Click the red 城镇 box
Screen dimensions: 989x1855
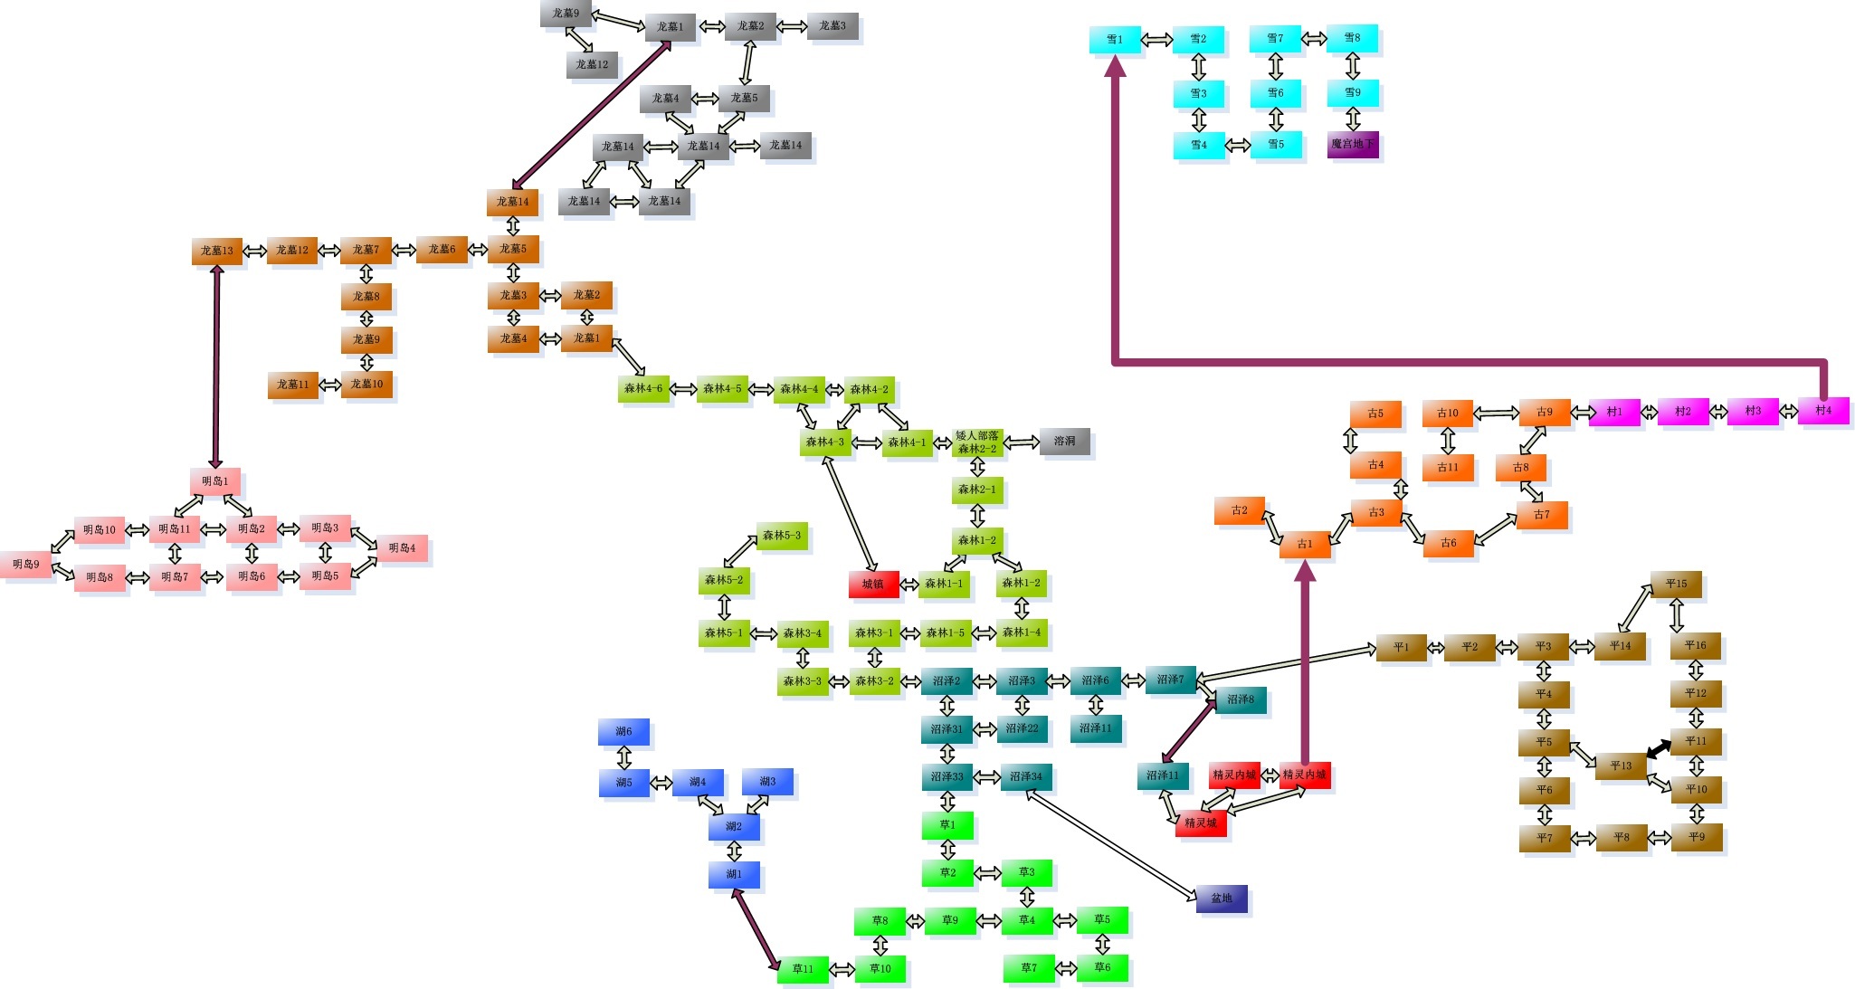click(x=873, y=585)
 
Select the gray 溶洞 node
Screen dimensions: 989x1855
click(x=1065, y=442)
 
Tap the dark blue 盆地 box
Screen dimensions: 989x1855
click(x=1222, y=899)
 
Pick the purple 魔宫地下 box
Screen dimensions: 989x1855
click(x=1353, y=144)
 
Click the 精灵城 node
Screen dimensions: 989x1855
click(x=1201, y=823)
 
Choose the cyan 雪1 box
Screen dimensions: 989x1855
click(x=1115, y=40)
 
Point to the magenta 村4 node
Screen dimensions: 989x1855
click(x=1823, y=411)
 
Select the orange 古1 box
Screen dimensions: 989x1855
click(x=1304, y=544)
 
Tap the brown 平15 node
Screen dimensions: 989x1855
click(x=1676, y=584)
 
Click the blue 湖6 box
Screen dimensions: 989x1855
click(x=623, y=731)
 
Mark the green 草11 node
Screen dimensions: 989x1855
click(x=803, y=969)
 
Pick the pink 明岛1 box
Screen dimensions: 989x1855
click(x=215, y=481)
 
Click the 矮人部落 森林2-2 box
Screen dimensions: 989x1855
click(x=977, y=442)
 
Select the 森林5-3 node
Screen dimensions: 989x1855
click(x=782, y=536)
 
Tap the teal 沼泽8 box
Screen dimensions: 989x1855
click(x=1241, y=699)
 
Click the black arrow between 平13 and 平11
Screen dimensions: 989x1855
click(x=1659, y=749)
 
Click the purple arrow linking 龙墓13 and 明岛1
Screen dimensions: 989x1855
click(x=216, y=366)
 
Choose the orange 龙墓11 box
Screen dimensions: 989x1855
click(x=292, y=385)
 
